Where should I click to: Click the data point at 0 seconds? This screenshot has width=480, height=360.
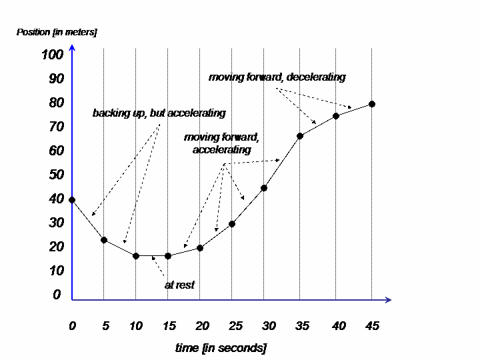coord(72,200)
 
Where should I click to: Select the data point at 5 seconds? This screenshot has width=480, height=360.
coord(104,240)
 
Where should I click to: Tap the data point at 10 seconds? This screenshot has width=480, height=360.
coord(136,256)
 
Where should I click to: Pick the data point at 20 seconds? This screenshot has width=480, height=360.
coord(200,248)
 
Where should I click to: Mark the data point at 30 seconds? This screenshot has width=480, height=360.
coord(264,188)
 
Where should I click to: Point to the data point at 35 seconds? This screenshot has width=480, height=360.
coord(300,136)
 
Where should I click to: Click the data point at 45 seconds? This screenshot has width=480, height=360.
coord(372,104)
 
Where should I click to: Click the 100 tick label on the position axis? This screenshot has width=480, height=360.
coord(51,55)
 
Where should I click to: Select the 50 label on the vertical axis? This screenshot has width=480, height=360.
coord(56,175)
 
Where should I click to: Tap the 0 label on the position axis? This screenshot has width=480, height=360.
coord(57,295)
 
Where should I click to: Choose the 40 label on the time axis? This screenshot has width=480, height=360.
coord(339,326)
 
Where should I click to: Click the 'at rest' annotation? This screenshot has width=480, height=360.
coord(179,285)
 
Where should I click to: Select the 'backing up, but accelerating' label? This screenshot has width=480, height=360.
coord(159,113)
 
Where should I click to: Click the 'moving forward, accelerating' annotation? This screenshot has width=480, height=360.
coord(221,143)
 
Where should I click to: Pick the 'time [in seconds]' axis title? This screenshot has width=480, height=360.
coord(221,348)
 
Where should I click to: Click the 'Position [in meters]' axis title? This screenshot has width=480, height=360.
coord(57,32)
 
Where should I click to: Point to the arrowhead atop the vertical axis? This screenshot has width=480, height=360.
coord(72,47)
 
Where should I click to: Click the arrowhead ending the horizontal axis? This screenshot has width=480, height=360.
coord(388,300)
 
